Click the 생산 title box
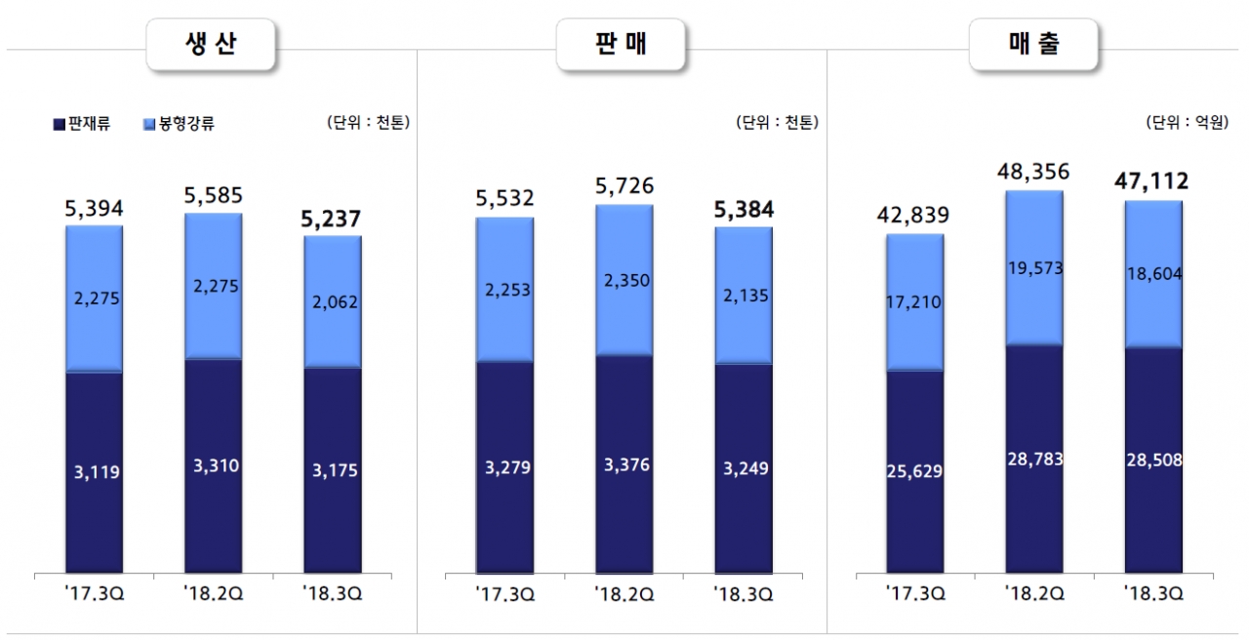(210, 44)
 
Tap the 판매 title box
(621, 44)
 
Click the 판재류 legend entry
(82, 124)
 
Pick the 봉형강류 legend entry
(180, 124)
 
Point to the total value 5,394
(94, 208)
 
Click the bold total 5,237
(332, 220)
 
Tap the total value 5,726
(624, 186)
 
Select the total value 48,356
(1033, 173)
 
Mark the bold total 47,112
(1152, 181)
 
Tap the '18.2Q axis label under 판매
(624, 593)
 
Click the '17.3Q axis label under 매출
(914, 593)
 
